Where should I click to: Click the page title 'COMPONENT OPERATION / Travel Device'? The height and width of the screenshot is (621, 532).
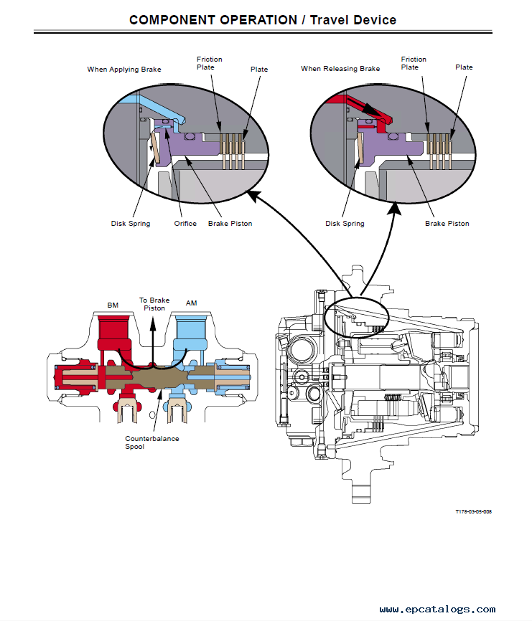(x=262, y=19)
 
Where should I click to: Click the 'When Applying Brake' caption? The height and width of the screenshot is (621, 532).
(x=124, y=70)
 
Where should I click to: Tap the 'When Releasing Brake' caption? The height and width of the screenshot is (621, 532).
(x=340, y=69)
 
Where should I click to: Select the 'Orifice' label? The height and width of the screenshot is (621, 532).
(x=185, y=224)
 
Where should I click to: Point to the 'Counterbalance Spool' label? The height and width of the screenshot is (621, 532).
(x=152, y=442)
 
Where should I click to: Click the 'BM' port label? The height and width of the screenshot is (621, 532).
(x=113, y=305)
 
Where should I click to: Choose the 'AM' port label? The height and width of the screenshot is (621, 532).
(x=191, y=303)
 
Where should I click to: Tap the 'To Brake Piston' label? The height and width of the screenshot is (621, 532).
(x=154, y=304)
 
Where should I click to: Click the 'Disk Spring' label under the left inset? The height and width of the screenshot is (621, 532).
(x=131, y=224)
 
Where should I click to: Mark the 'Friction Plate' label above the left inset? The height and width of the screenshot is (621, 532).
(x=209, y=63)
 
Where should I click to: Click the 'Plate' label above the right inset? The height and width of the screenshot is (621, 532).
(x=464, y=67)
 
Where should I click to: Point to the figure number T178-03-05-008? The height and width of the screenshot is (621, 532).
(x=473, y=511)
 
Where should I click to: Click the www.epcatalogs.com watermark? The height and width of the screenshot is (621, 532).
(x=437, y=610)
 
